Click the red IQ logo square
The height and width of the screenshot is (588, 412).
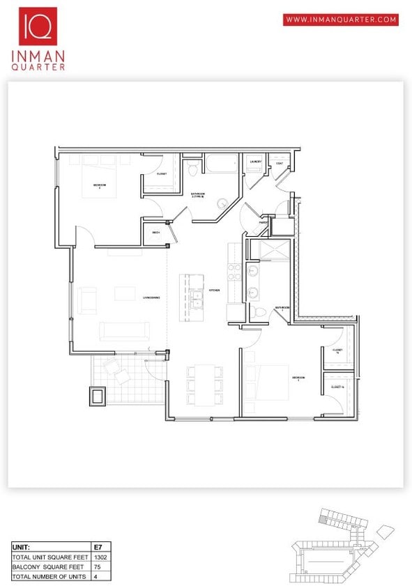38,26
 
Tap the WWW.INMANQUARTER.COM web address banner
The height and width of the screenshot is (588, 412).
341,20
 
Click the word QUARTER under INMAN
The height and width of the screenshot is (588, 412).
38,67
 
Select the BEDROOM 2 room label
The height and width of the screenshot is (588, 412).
99,187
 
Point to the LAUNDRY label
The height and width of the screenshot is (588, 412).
256,162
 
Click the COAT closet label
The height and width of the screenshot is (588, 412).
279,164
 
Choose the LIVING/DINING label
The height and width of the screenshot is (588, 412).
152,297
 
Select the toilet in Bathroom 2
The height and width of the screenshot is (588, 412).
193,170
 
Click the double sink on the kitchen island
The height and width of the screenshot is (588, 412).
197,299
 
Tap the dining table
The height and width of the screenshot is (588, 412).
204,385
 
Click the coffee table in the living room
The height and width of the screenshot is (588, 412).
125,293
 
